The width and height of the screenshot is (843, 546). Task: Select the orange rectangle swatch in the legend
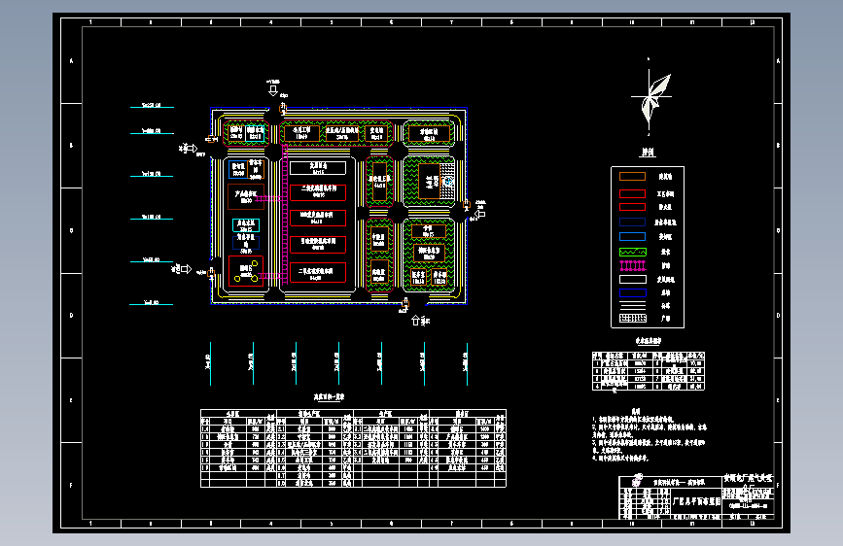tap(633, 192)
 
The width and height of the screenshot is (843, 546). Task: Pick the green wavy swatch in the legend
tap(633, 251)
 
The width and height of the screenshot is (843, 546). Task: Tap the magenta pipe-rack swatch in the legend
tap(633, 264)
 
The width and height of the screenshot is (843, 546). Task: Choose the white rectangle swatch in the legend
tap(633, 279)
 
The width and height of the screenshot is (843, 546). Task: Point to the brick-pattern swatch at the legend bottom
tap(633, 317)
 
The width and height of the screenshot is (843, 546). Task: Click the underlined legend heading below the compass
tap(647, 153)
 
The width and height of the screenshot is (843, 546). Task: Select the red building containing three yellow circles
tap(245, 270)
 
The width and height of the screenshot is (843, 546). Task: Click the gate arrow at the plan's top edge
tap(274, 91)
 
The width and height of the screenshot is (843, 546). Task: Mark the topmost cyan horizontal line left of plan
tap(152, 105)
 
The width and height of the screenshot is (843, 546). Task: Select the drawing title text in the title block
tap(697, 501)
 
